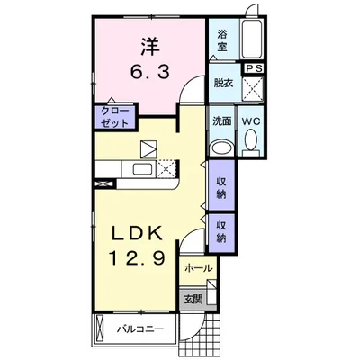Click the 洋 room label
point(150,46)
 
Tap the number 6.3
point(150,72)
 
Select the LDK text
point(137,232)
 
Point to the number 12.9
point(137,257)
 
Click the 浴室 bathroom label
point(222,40)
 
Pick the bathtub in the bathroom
point(252,40)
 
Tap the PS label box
point(255,68)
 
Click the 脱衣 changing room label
point(224,83)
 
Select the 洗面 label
point(222,121)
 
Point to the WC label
point(251,121)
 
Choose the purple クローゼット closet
point(115,116)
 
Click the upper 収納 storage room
point(221,185)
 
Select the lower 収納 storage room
point(221,232)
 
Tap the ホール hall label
point(198,268)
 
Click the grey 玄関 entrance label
point(193,299)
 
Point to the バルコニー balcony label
point(140,328)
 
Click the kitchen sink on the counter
point(144,169)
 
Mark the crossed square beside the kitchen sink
point(166,169)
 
